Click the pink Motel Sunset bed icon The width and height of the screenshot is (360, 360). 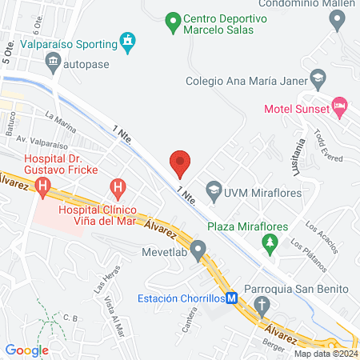point(339,105)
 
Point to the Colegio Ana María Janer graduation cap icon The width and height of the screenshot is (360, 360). point(319,79)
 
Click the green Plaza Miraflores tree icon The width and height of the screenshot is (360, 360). point(270,241)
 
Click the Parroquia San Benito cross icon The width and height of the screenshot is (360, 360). point(261,304)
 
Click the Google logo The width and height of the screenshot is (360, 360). point(26,350)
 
